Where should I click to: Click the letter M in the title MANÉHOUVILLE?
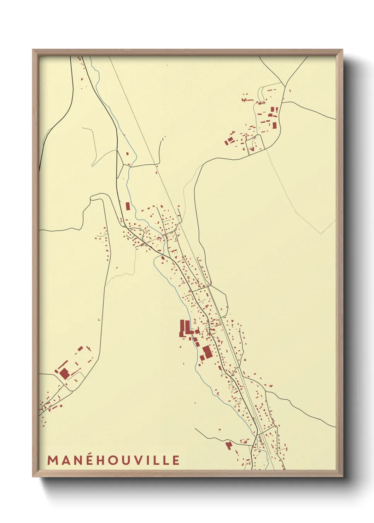(53, 460)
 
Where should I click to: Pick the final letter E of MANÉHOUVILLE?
(176, 460)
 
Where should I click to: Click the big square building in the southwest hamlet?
(64, 374)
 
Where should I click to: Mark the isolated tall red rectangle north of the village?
(128, 206)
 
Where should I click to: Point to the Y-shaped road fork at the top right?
(285, 85)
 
